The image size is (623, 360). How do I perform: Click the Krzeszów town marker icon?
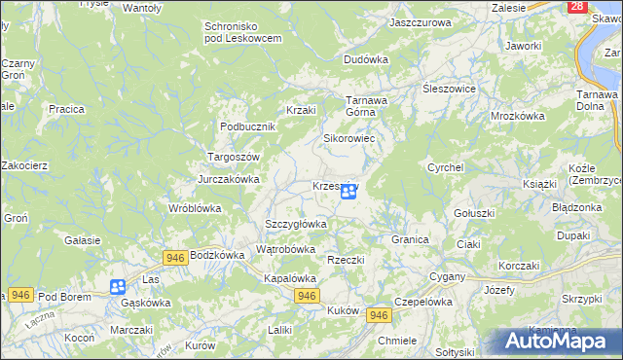pyautogui.click(x=348, y=193)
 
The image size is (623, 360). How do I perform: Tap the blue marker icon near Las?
pyautogui.click(x=118, y=286)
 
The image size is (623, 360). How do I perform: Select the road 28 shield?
pyautogui.click(x=578, y=6)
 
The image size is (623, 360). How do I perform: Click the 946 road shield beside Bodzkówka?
pyautogui.click(x=175, y=257)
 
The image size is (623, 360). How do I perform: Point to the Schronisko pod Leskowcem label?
pyautogui.click(x=242, y=31)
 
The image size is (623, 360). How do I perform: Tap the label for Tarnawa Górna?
pyautogui.click(x=368, y=105)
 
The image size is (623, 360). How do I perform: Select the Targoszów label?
pyautogui.click(x=233, y=157)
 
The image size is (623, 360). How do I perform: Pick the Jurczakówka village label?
pyautogui.click(x=229, y=179)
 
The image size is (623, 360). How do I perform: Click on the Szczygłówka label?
pyautogui.click(x=296, y=224)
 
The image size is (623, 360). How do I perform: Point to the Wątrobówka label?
pyautogui.click(x=285, y=249)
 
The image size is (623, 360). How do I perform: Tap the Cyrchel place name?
pyautogui.click(x=445, y=167)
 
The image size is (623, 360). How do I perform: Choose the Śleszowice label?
pyautogui.click(x=449, y=88)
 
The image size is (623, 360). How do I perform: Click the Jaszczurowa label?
pyautogui.click(x=420, y=21)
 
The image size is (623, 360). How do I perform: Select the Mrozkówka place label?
pyautogui.click(x=517, y=115)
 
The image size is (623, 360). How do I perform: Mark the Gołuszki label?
pyautogui.click(x=475, y=212)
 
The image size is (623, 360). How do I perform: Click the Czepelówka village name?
pyautogui.click(x=425, y=302)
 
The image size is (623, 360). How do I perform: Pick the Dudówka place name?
pyautogui.click(x=365, y=59)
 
